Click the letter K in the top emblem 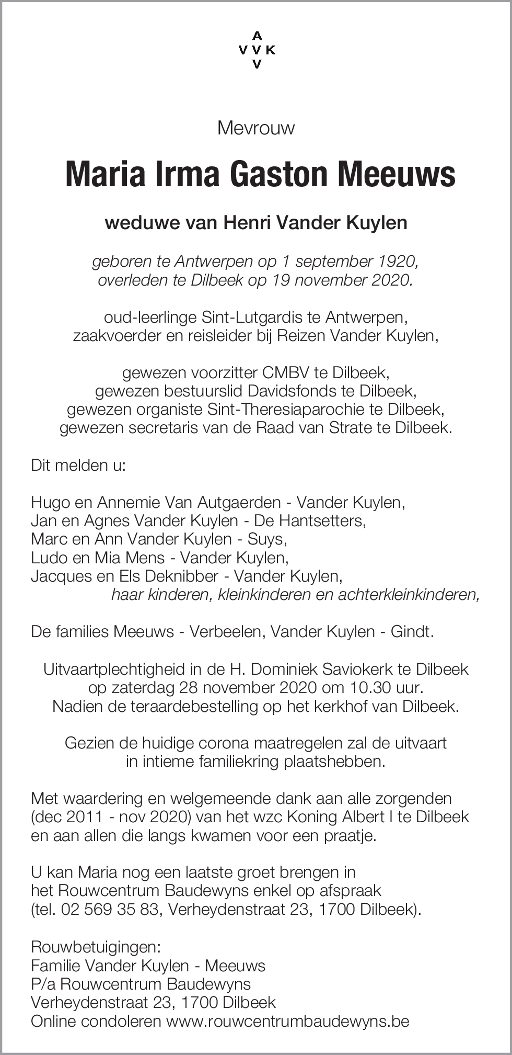[x=270, y=50]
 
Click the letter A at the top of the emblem [x=257, y=36]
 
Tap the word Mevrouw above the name [x=256, y=128]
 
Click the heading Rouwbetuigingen [x=96, y=947]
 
